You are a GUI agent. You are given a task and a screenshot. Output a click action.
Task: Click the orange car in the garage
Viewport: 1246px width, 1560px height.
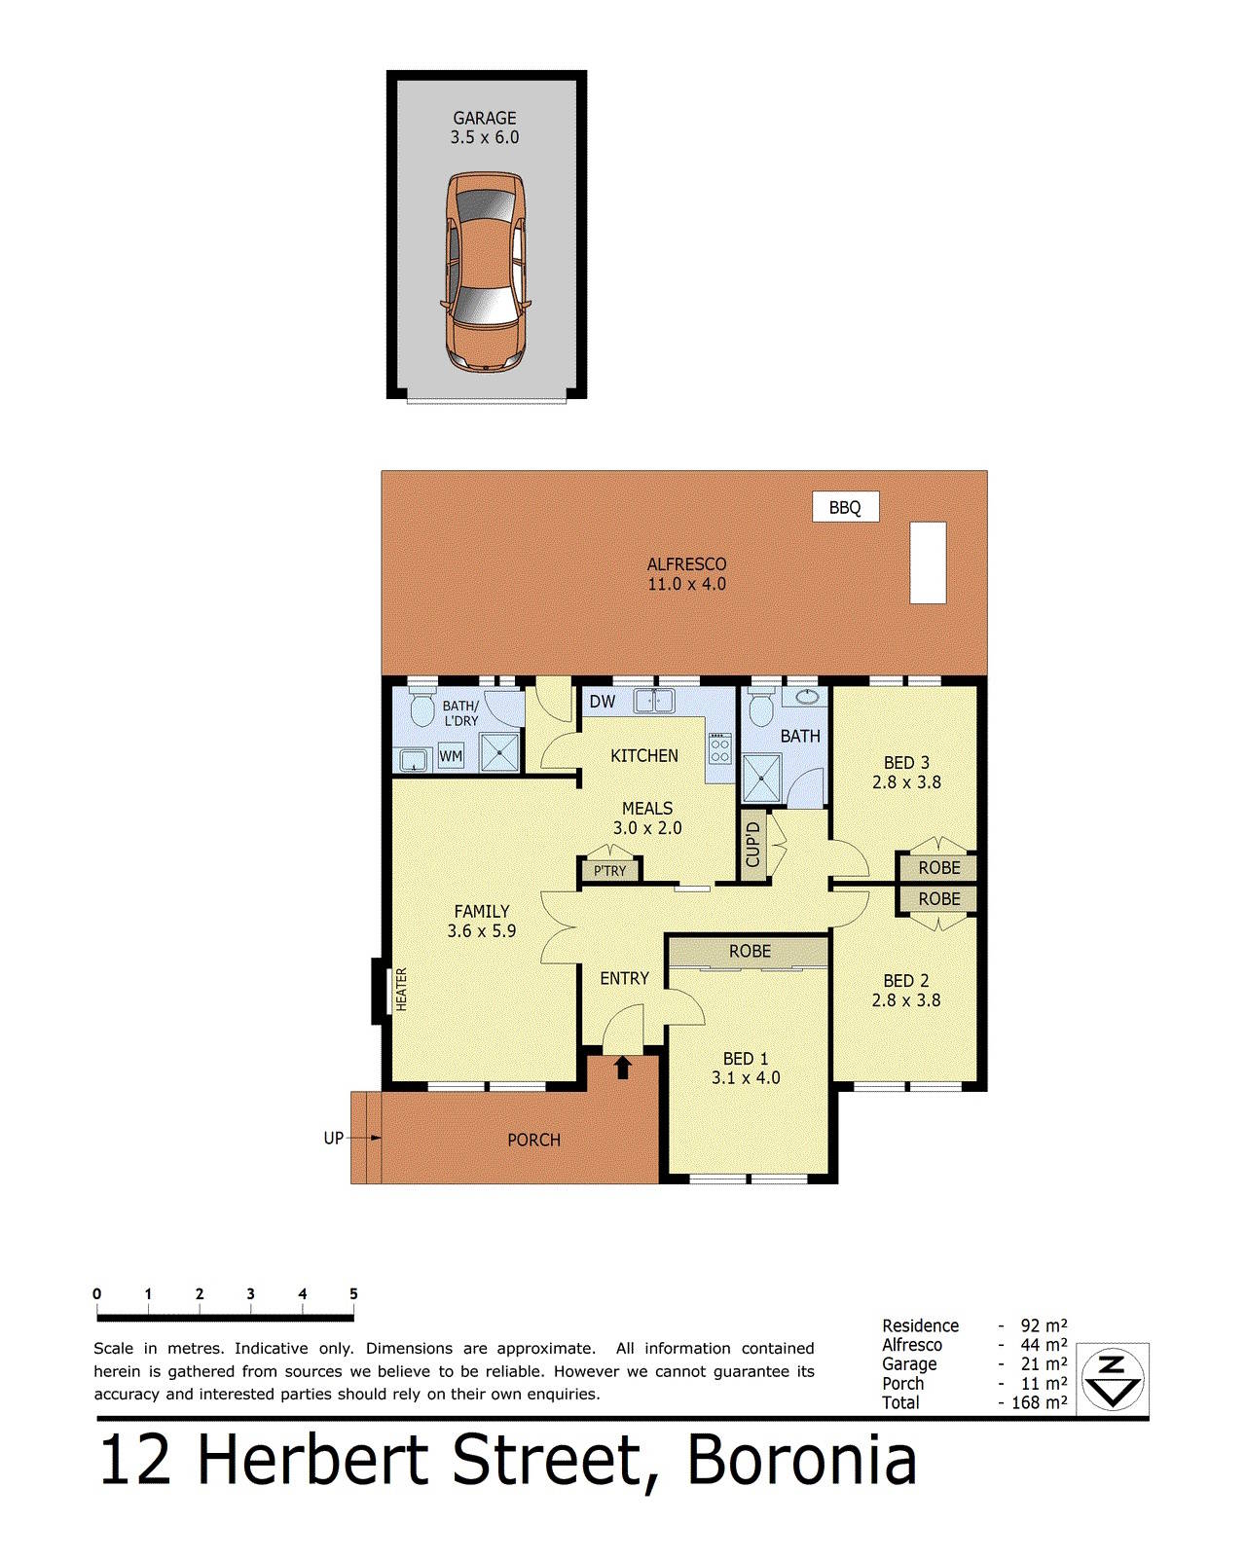[x=485, y=272]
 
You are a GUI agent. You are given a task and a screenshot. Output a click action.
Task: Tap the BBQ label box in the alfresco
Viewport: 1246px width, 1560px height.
[x=845, y=507]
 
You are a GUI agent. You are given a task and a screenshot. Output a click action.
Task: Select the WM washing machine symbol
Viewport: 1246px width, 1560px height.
[x=451, y=756]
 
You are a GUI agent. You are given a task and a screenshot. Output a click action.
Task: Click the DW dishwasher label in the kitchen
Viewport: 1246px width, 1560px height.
[x=603, y=702]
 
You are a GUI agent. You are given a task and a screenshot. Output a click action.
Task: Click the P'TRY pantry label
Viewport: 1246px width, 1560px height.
[x=610, y=871]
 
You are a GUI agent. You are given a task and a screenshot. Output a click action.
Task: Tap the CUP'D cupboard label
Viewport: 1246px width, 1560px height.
[x=752, y=845]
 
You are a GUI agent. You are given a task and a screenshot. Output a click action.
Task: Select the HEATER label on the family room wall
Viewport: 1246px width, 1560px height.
[x=401, y=990]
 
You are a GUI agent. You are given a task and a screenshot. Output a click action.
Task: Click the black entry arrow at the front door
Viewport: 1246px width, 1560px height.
[x=623, y=1068]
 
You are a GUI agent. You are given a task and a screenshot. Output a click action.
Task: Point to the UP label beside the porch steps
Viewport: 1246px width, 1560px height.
[x=333, y=1138]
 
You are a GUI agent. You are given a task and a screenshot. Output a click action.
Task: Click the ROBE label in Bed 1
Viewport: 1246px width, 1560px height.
[x=750, y=952]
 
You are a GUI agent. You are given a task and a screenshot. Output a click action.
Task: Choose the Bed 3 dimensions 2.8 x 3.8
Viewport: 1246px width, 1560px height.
[x=906, y=782]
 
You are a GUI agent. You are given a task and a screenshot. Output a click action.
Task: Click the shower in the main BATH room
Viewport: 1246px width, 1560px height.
[x=762, y=781]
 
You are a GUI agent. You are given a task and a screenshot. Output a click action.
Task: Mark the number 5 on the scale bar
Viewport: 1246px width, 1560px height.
[x=353, y=1294]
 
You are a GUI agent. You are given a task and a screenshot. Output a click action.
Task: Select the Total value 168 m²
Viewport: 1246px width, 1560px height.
[x=1039, y=1402]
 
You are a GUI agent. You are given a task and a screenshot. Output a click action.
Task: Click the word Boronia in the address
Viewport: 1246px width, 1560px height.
[x=802, y=1461]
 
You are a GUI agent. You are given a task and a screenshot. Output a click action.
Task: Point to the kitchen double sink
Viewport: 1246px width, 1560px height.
[x=655, y=701]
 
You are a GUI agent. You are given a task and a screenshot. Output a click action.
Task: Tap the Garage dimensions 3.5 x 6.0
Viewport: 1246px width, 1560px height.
[x=485, y=138]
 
